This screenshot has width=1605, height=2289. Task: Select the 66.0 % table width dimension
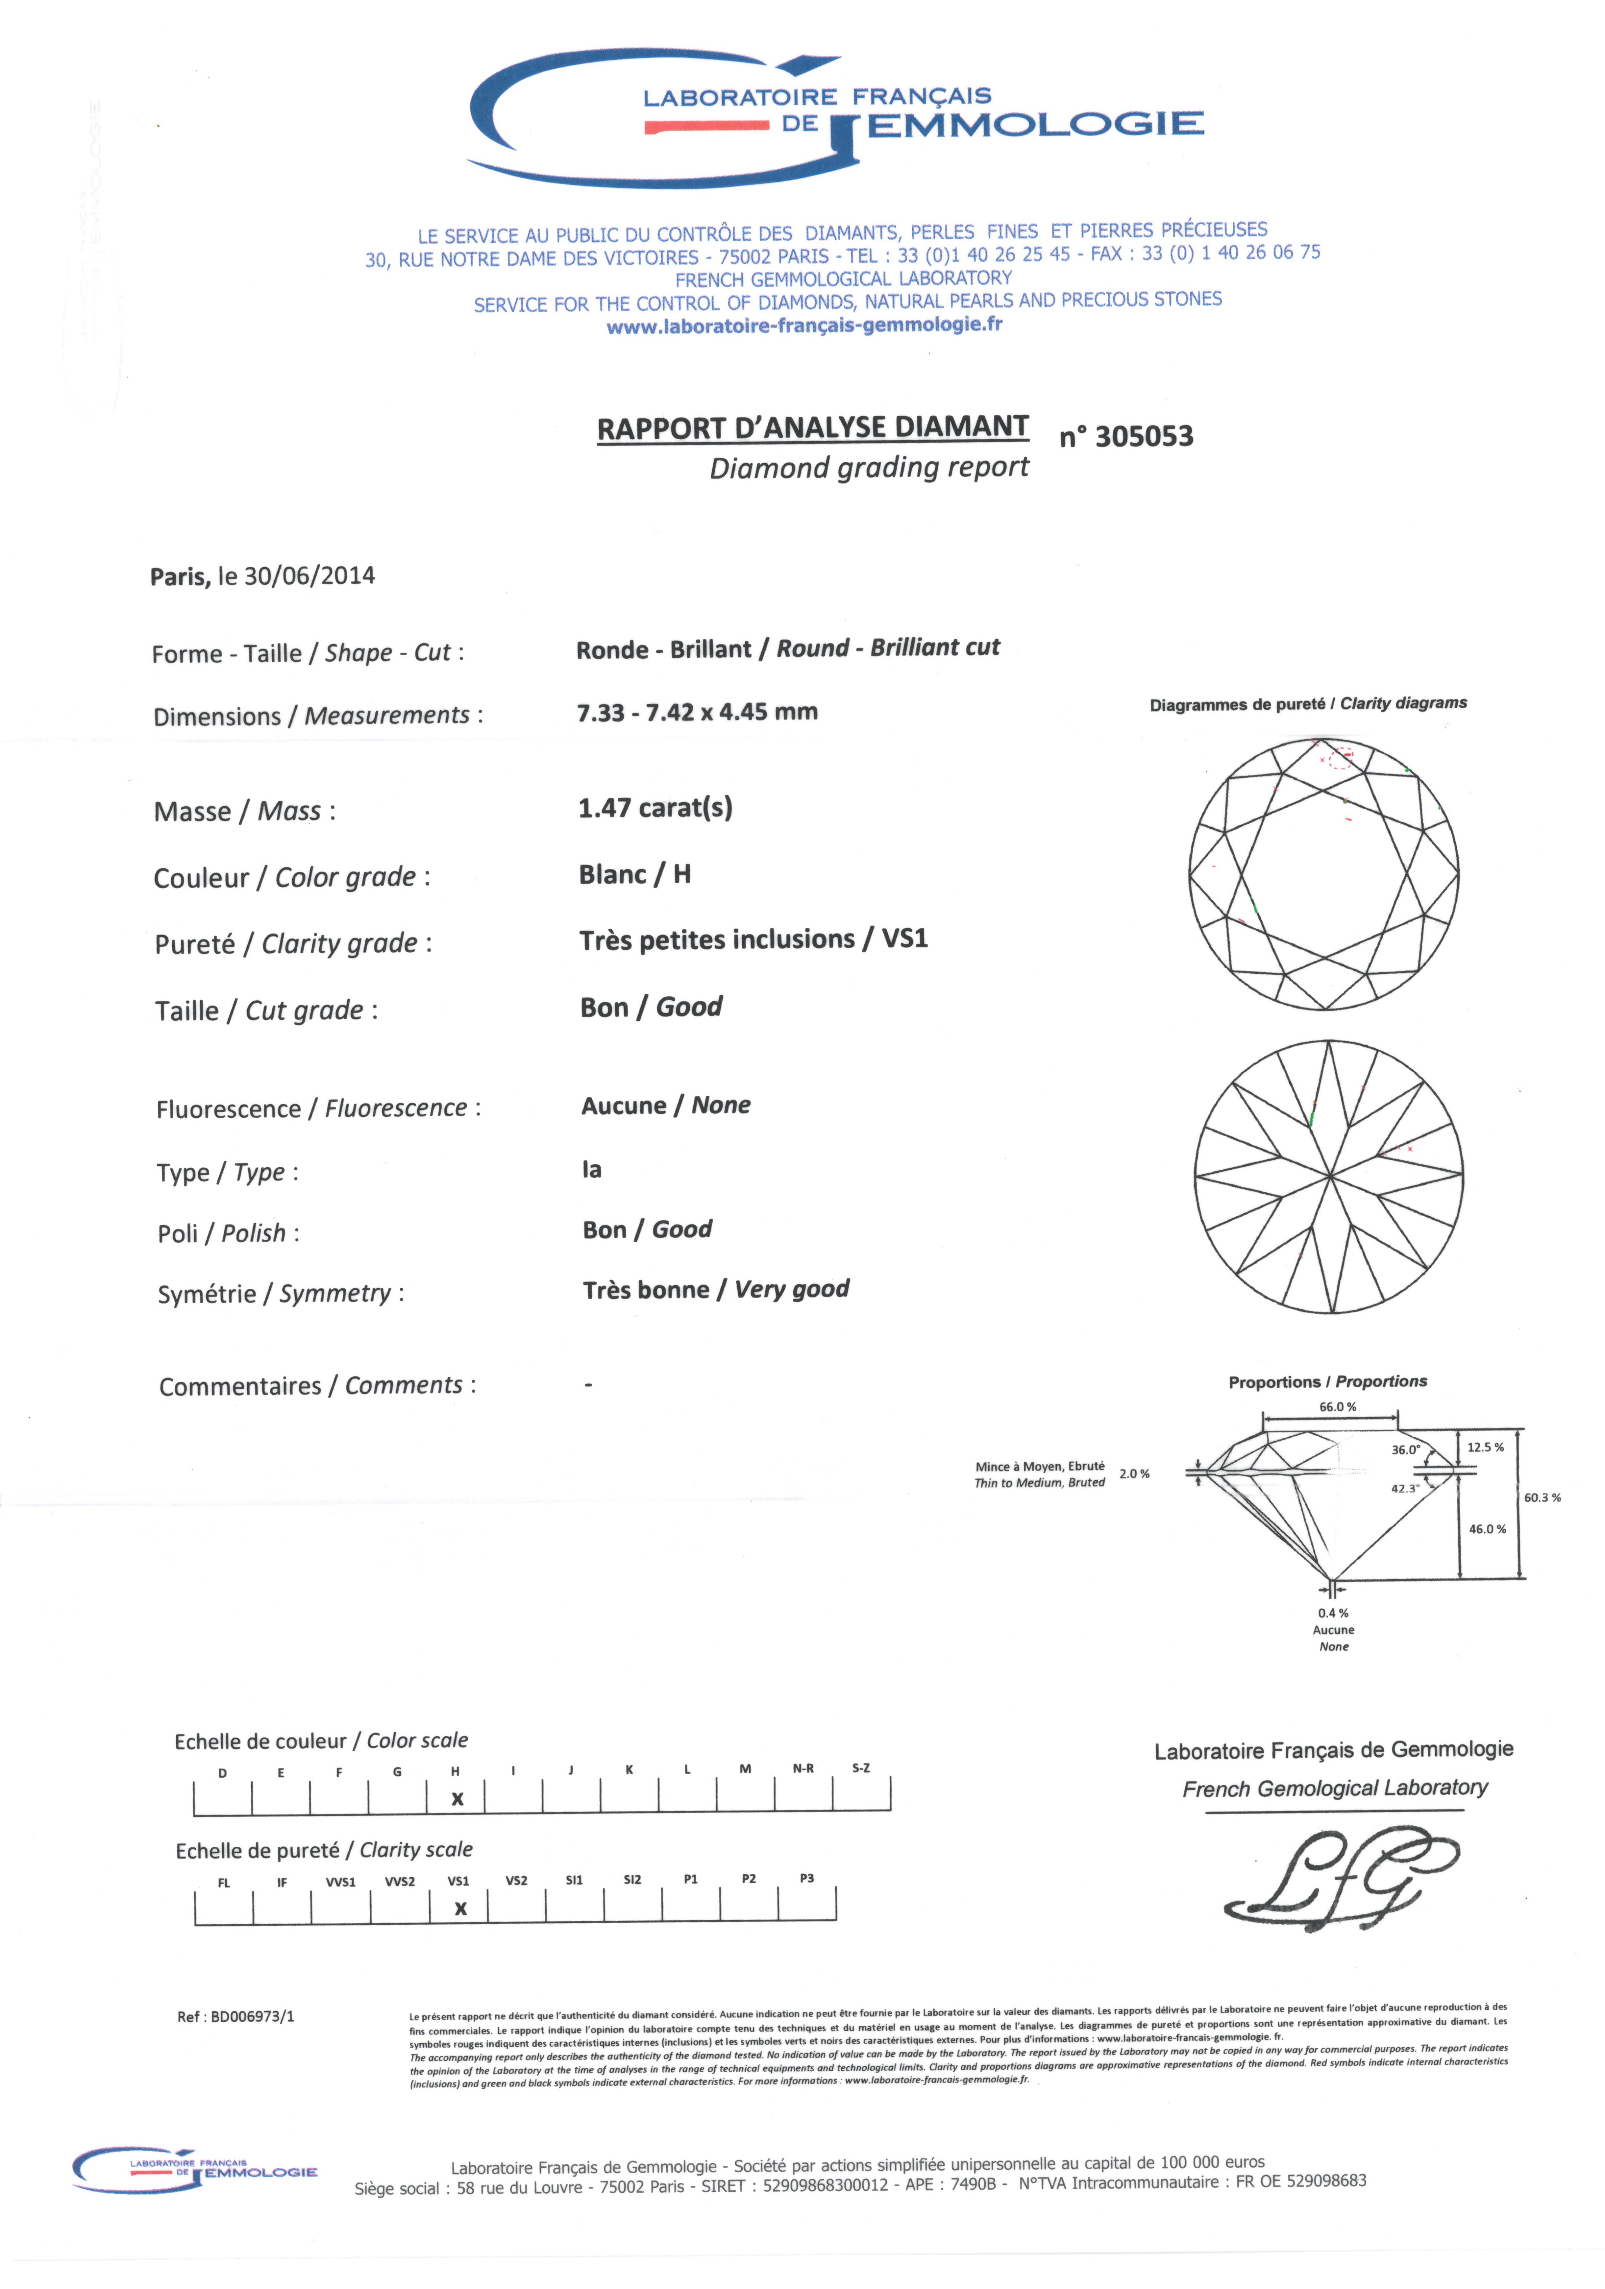tap(1337, 1407)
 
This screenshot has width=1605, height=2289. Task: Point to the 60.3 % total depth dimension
tap(1541, 1498)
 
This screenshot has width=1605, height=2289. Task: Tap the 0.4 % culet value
tap(1333, 1612)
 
